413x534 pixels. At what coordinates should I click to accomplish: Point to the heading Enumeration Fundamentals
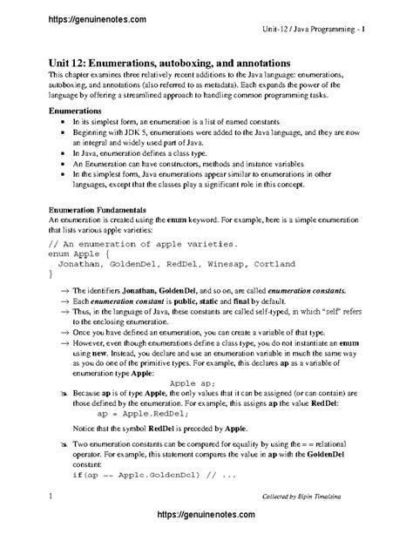(x=97, y=210)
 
